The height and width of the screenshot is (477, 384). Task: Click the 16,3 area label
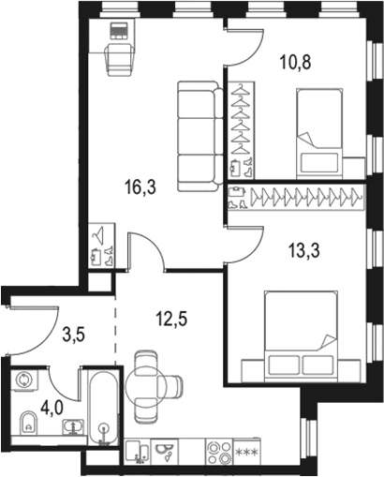[140, 187]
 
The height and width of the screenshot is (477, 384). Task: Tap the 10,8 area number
[295, 62]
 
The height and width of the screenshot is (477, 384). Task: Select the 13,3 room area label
[304, 251]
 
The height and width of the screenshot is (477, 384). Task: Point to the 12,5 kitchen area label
[171, 319]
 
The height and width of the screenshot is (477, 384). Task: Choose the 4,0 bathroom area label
[52, 408]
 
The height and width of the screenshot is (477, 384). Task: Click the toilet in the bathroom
[29, 423]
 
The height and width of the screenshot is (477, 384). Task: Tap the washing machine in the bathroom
[24, 380]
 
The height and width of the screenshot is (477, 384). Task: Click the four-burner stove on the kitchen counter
[219, 451]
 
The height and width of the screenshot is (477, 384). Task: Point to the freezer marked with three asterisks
[246, 451]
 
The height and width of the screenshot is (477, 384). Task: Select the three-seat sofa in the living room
[200, 136]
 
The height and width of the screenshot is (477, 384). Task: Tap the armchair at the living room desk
[120, 60]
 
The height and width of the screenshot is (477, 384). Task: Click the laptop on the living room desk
[119, 30]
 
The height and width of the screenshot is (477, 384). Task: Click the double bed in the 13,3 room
[302, 336]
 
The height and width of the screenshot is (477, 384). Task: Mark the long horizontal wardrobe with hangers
[296, 198]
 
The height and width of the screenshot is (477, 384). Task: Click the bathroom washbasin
[73, 426]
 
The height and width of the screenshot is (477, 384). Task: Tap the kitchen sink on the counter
[138, 451]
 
